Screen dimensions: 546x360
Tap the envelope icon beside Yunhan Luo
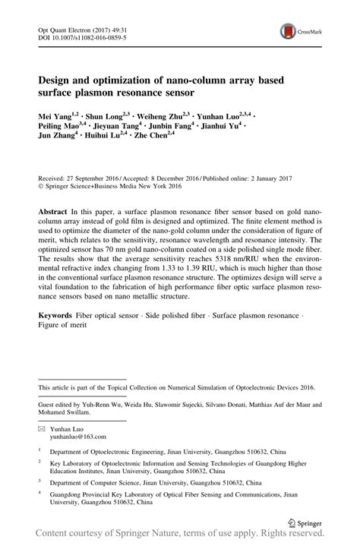coord(42,429)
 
